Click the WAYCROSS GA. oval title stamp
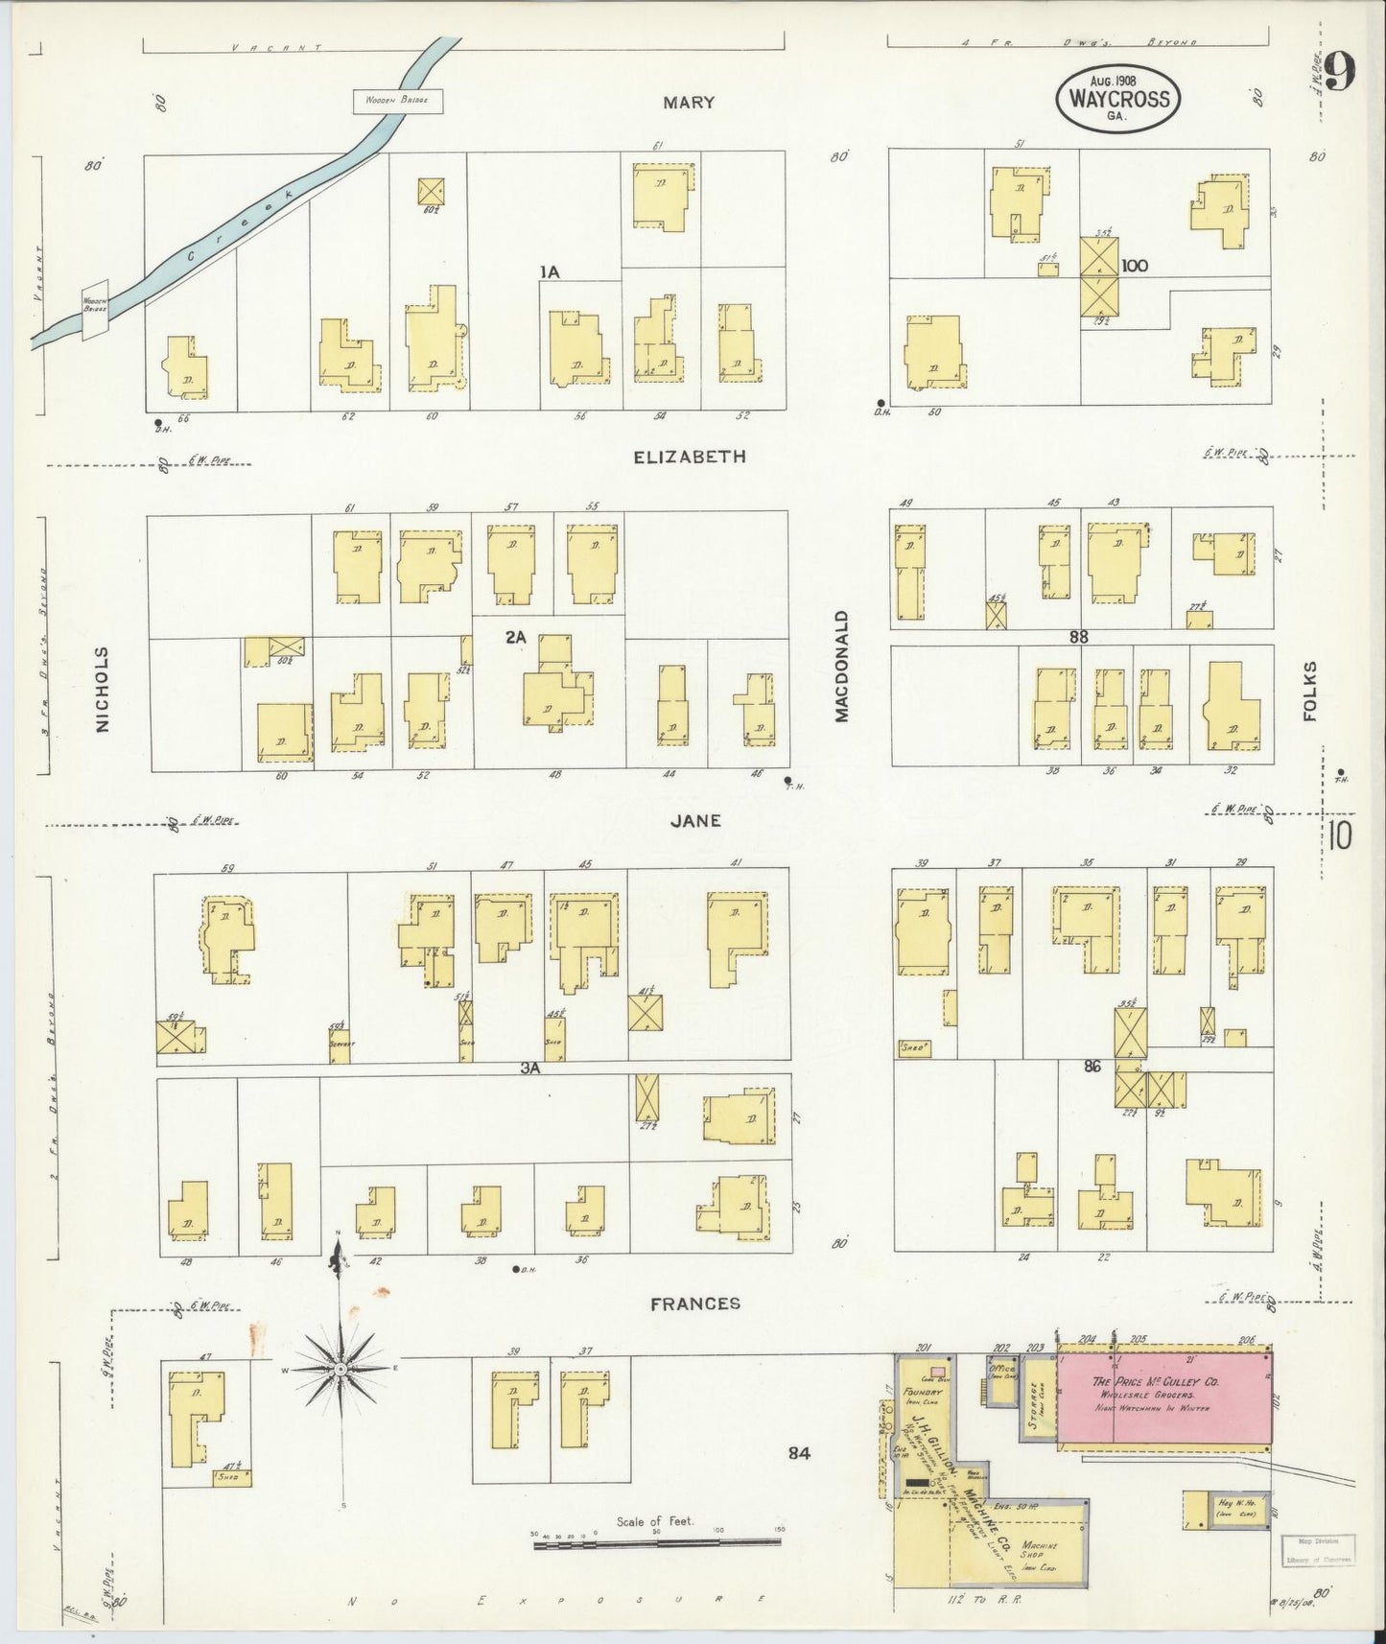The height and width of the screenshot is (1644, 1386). point(1117,98)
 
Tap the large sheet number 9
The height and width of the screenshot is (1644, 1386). point(1341,72)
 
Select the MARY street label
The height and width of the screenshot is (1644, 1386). point(689,103)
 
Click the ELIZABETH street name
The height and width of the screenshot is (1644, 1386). point(689,458)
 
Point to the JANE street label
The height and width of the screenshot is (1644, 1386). point(696,821)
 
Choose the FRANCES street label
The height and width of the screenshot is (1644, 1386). point(695,1303)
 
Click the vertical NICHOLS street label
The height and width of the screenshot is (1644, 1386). point(103,689)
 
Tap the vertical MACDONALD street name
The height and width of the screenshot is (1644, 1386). point(841,666)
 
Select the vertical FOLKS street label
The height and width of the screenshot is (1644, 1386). point(1310,691)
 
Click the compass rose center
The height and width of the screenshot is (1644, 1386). point(340,1370)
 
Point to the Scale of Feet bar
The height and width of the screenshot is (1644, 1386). point(657,1541)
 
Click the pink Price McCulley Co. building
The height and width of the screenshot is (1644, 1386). point(1163,1396)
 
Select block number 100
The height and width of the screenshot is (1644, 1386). point(1134,266)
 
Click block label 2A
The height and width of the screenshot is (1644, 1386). point(516,635)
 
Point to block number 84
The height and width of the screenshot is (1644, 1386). point(798,1454)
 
